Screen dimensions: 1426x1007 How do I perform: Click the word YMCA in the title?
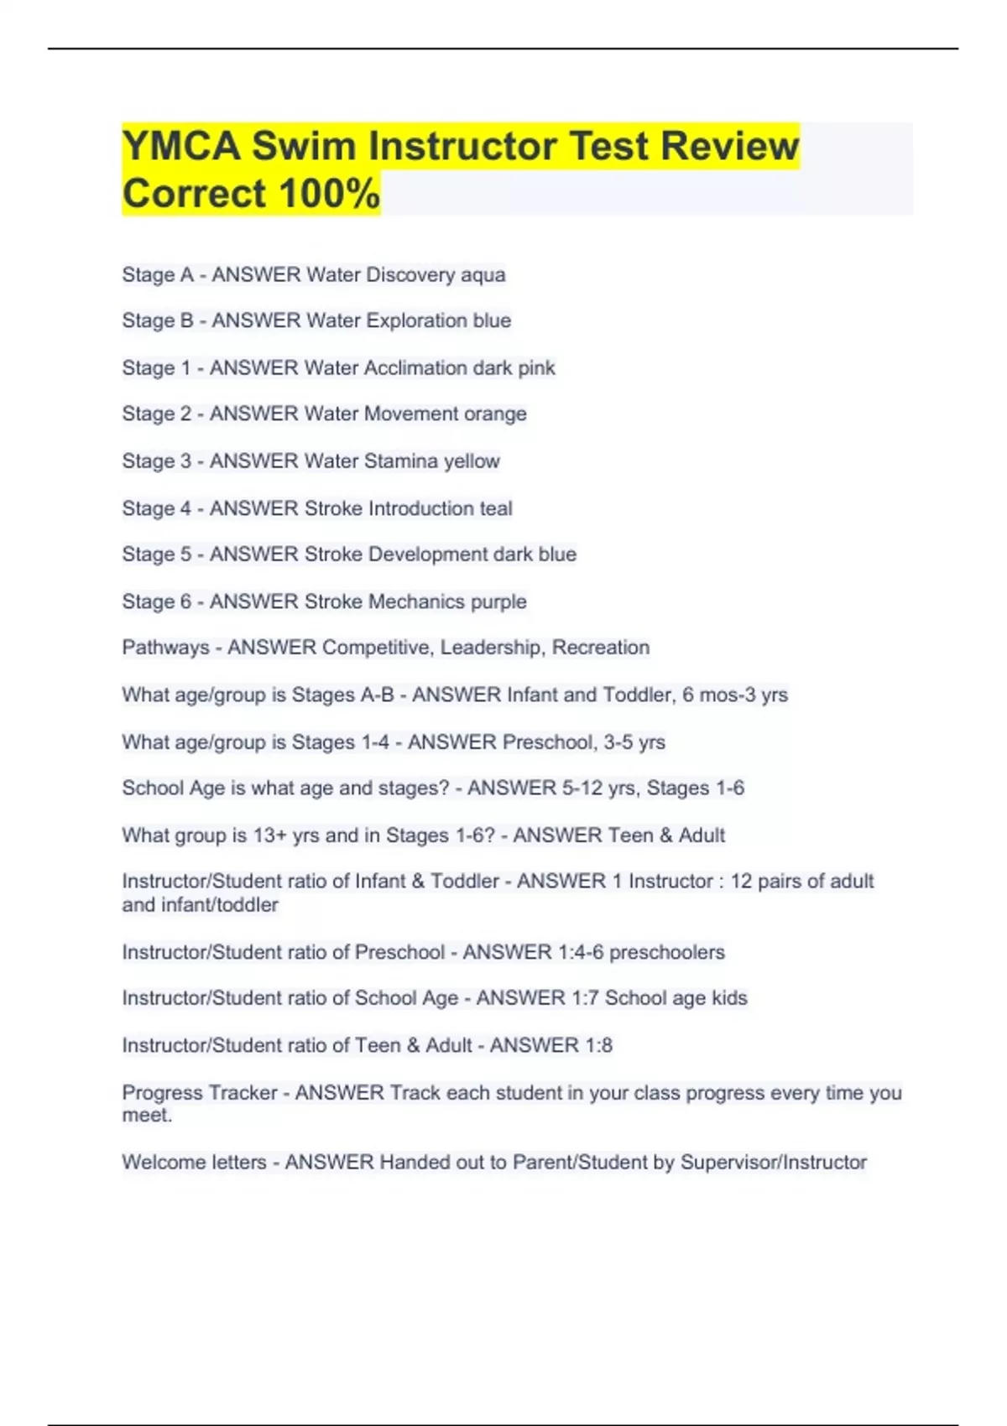click(180, 146)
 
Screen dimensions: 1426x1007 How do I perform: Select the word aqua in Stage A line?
click(483, 275)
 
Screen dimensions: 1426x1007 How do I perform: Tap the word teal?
click(496, 508)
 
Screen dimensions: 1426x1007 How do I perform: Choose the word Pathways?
click(165, 648)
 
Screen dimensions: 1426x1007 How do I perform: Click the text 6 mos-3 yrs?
click(735, 695)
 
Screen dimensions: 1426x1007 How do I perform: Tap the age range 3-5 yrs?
click(634, 742)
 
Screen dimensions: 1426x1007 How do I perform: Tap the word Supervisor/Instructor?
click(773, 1163)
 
